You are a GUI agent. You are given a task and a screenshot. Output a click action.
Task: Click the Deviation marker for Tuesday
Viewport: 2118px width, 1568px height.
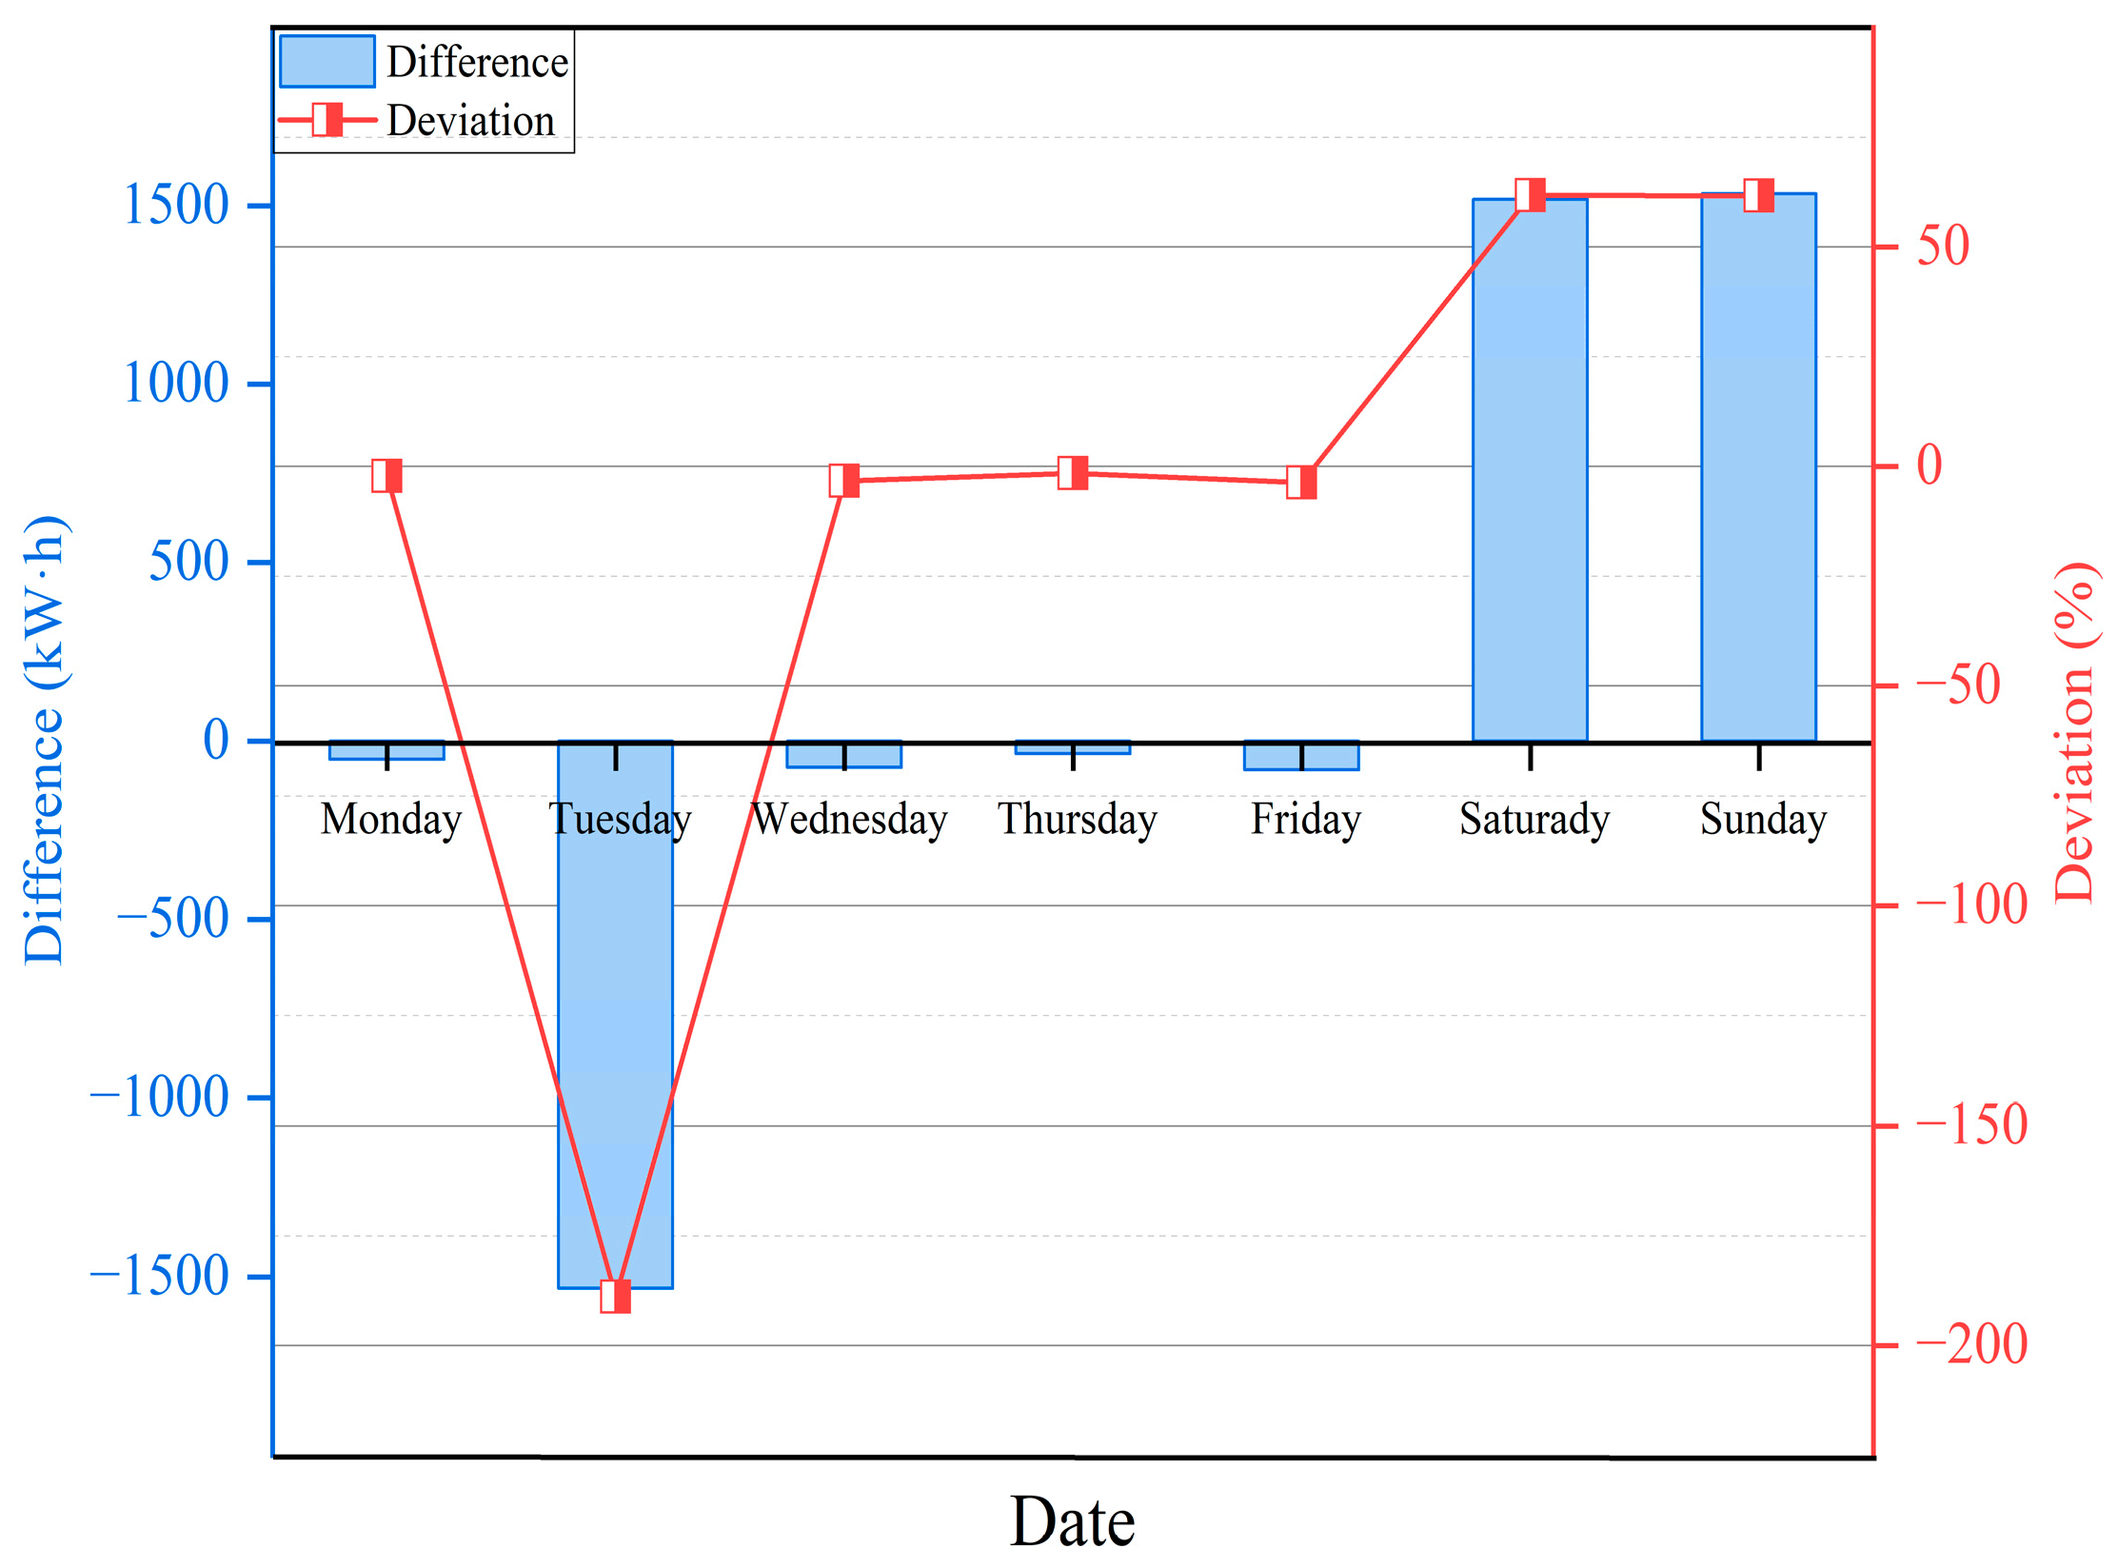click(x=615, y=1296)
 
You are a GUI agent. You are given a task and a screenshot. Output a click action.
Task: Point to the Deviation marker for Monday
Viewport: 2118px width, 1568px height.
click(x=386, y=475)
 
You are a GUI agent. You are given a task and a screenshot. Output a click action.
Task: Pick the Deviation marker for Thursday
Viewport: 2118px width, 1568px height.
click(x=1073, y=472)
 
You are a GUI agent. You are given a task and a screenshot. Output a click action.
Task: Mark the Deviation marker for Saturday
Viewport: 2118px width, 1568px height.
click(x=1530, y=194)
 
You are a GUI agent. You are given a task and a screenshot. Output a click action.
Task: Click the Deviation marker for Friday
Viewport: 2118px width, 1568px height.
click(x=1301, y=482)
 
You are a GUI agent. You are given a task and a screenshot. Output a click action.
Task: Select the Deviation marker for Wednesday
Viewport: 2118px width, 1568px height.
click(x=844, y=481)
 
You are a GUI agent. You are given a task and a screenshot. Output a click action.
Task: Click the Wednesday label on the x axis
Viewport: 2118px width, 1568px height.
click(x=849, y=819)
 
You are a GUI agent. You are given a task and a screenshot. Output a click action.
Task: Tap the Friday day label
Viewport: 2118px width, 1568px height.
click(x=1305, y=819)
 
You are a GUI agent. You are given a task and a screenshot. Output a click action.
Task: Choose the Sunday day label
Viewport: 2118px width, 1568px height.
click(x=1763, y=819)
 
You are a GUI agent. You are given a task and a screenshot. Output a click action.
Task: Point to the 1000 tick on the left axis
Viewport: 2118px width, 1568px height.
click(x=177, y=384)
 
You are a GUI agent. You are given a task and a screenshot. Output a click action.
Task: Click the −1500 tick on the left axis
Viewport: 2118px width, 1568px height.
click(x=160, y=1276)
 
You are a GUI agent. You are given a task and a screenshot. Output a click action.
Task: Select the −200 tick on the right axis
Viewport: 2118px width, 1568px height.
click(x=1970, y=1344)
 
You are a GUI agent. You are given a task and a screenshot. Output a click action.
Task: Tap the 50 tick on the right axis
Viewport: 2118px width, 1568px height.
click(x=1942, y=247)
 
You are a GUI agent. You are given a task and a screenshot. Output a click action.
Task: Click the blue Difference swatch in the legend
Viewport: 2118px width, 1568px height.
click(x=327, y=62)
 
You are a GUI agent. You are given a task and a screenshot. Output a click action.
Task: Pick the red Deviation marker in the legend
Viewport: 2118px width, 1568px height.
click(x=327, y=120)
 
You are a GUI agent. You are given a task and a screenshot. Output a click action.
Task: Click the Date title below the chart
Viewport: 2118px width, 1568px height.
click(x=1072, y=1521)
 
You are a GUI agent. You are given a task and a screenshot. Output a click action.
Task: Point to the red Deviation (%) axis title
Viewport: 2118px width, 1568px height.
click(x=2073, y=733)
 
